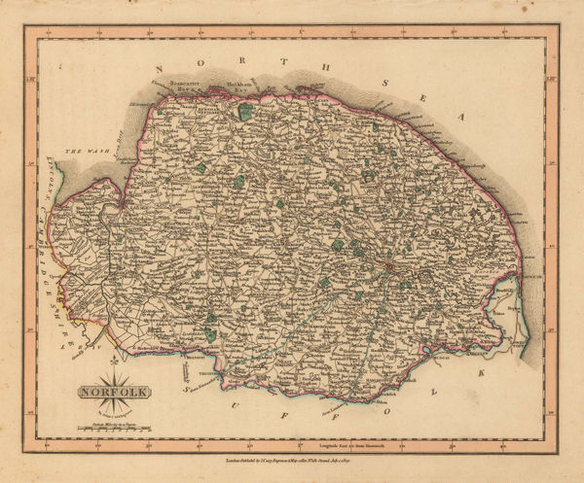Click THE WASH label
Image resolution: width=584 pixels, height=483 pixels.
click(x=77, y=153)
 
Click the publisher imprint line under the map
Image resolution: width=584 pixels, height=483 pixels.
click(x=291, y=453)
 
